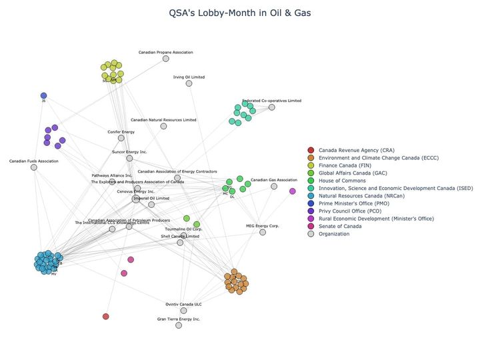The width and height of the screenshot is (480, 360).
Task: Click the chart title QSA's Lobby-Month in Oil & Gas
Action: pos(240,13)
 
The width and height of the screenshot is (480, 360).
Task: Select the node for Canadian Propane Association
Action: pos(166,59)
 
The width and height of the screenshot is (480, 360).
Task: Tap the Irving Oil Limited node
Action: pos(189,83)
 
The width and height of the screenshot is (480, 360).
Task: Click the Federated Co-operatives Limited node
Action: pos(271,107)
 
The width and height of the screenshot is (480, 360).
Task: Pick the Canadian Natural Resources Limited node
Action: pos(163,126)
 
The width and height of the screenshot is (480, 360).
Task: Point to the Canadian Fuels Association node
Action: pos(34,167)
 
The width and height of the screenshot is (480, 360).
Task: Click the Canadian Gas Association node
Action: pos(274,186)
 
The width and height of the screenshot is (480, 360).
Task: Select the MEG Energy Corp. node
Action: pos(263,232)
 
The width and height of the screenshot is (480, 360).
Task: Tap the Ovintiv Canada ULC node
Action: pos(183,311)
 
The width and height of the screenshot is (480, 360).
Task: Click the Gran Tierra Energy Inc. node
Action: pos(178,325)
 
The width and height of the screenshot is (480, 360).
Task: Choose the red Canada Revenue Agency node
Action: pos(105,316)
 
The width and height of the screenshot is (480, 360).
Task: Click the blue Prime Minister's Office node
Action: pos(43,95)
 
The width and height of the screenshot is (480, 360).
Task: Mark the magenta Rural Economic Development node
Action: pos(293,191)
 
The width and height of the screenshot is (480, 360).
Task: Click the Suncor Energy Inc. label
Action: pos(129,152)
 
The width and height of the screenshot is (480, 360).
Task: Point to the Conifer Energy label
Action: pos(121,132)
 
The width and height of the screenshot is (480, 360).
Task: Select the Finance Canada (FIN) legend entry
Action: pos(345,165)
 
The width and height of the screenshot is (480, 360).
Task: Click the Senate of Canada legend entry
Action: pos(340,226)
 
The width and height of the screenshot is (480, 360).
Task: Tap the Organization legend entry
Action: pos(334,234)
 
